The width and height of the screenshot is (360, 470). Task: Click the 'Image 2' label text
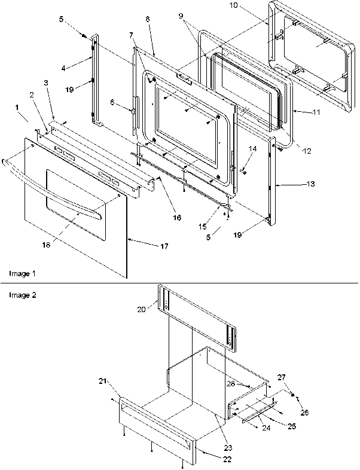pyautogui.click(x=22, y=295)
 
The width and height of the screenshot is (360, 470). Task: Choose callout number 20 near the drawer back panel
pyautogui.click(x=141, y=310)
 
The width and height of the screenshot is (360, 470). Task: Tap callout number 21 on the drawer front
pyautogui.click(x=103, y=380)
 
